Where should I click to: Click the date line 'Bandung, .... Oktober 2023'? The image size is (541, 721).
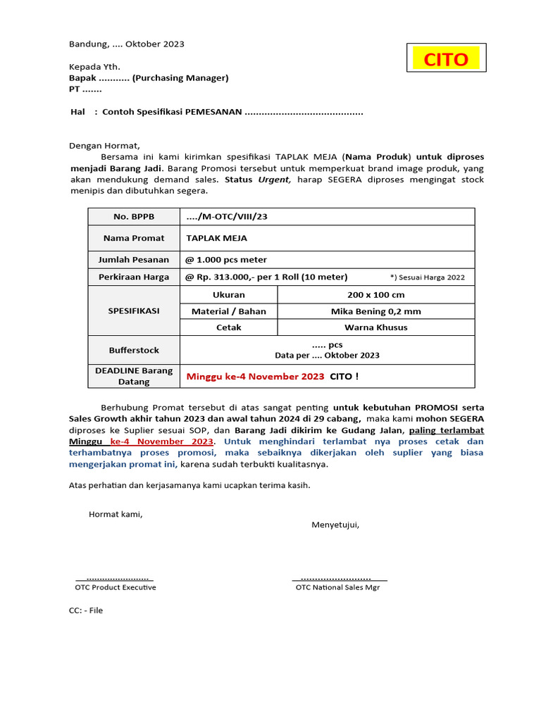pyautogui.click(x=126, y=44)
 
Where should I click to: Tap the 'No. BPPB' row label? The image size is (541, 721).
pyautogui.click(x=134, y=217)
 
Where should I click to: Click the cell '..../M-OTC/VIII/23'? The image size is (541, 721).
pyautogui.click(x=226, y=217)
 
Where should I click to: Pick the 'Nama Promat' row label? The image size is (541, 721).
pyautogui.click(x=134, y=238)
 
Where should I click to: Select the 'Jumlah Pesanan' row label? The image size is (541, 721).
pyautogui.click(x=134, y=259)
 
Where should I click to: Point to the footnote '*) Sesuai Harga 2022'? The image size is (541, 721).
pyautogui.click(x=427, y=277)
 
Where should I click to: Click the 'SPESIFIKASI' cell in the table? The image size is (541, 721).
pyautogui.click(x=134, y=311)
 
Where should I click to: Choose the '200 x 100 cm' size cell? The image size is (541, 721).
pyautogui.click(x=375, y=294)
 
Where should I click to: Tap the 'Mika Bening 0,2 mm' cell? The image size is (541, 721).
pyautogui.click(x=375, y=311)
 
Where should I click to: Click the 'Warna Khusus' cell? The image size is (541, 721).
pyautogui.click(x=375, y=327)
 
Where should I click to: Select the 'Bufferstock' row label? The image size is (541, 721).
pyautogui.click(x=134, y=350)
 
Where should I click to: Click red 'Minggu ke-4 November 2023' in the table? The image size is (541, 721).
pyautogui.click(x=255, y=377)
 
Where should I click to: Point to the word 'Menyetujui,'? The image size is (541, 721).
pyautogui.click(x=335, y=525)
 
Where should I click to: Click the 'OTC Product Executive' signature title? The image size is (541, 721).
pyautogui.click(x=116, y=587)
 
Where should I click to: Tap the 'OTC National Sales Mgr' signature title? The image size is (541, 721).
pyautogui.click(x=337, y=587)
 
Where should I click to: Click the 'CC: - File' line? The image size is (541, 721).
pyautogui.click(x=86, y=610)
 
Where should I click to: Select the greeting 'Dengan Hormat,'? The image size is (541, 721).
pyautogui.click(x=104, y=146)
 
